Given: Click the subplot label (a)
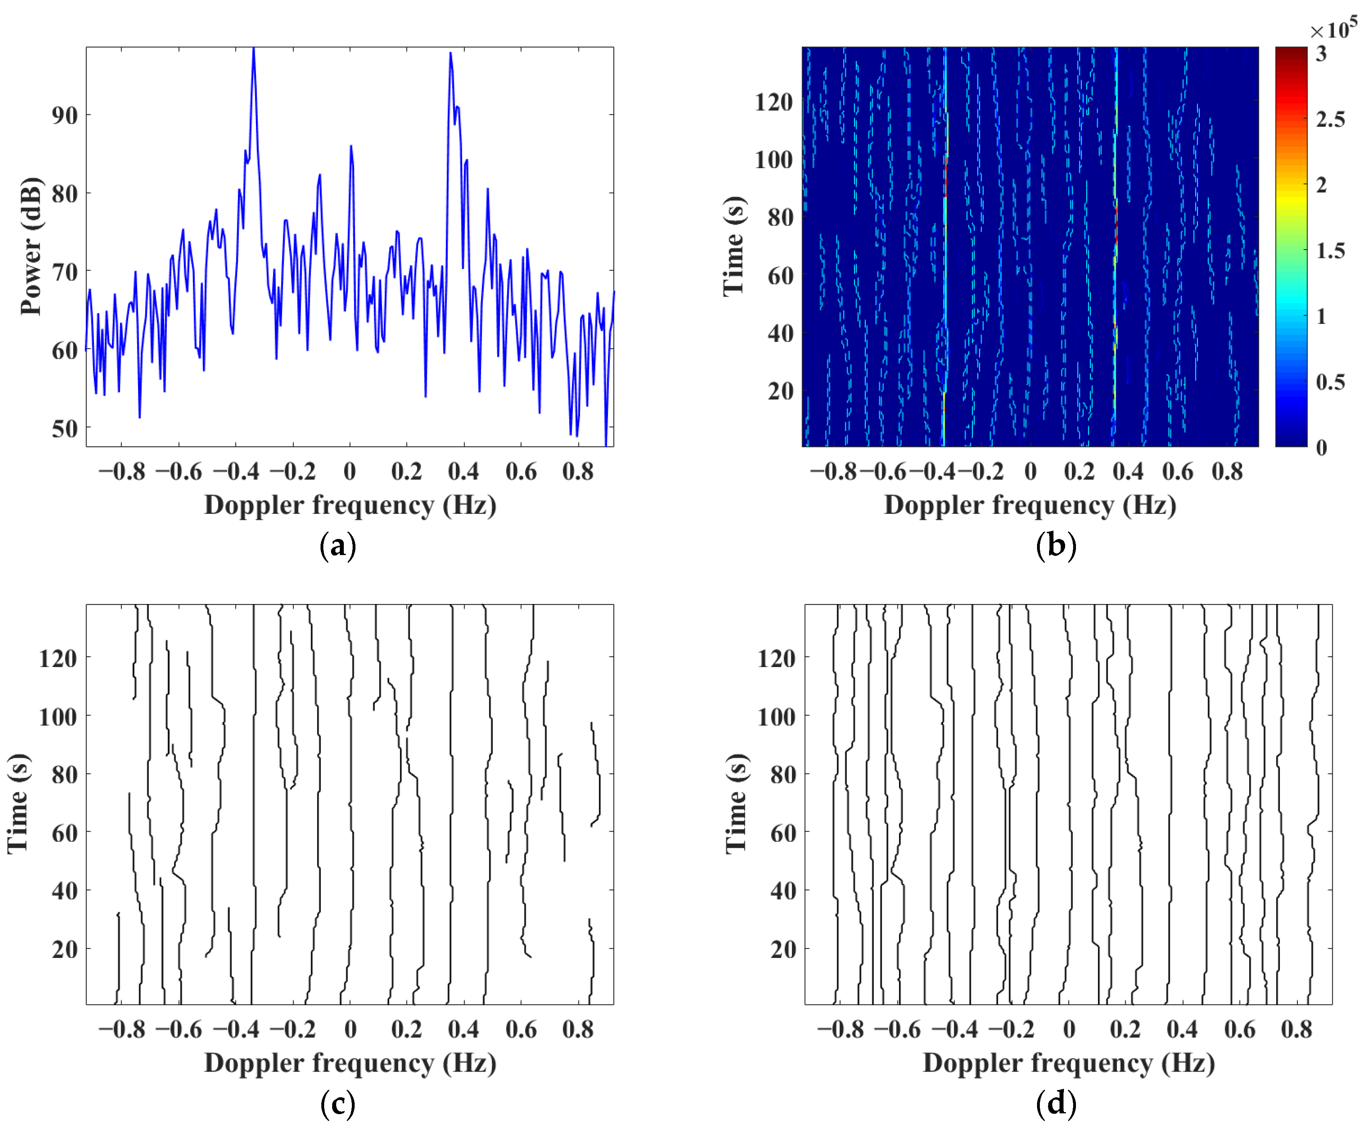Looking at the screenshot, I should [337, 546].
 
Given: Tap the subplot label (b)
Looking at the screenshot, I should [1055, 546].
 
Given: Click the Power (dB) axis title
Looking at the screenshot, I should [30, 246].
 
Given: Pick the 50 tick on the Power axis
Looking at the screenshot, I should [65, 429].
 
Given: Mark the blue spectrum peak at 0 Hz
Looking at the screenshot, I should [351, 146].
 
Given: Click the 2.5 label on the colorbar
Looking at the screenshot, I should [1330, 119].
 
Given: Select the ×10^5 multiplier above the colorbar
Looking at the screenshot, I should [1333, 29].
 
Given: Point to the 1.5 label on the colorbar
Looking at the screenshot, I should [1330, 251].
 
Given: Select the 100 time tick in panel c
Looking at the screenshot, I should [58, 717].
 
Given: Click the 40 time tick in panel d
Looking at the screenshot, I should [783, 891].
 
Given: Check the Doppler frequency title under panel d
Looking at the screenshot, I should [1068, 1063].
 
